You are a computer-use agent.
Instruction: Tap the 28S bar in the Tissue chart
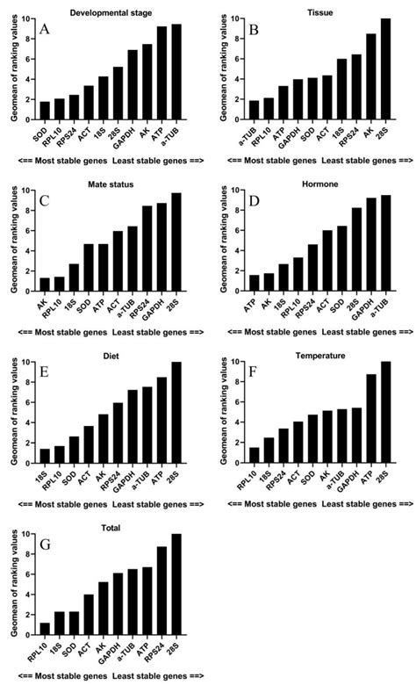pos(385,70)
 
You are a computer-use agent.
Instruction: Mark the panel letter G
pos(43,545)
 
